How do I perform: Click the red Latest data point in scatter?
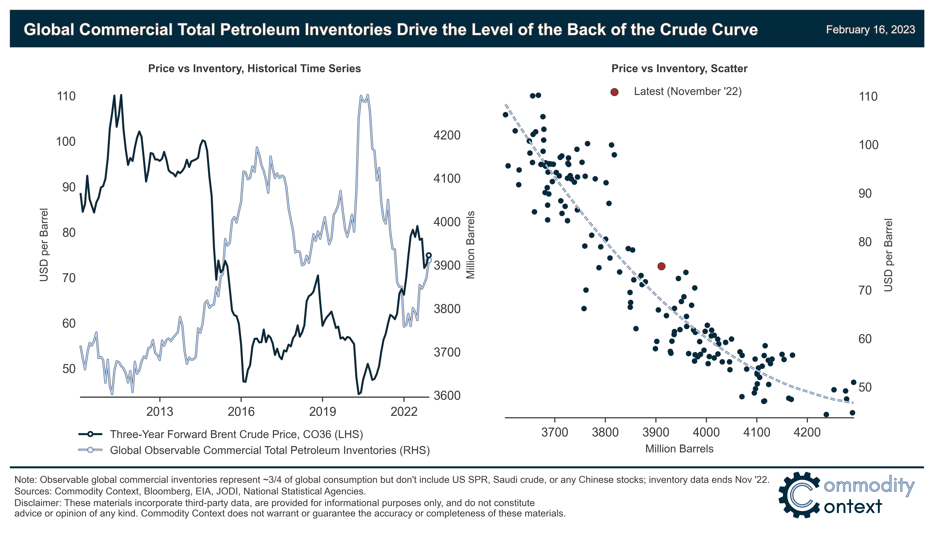tap(661, 266)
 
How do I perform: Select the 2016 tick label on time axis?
tap(241, 412)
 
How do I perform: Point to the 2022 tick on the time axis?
tap(404, 412)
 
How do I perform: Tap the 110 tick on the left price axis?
tap(66, 96)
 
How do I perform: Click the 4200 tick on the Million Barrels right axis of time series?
tap(447, 135)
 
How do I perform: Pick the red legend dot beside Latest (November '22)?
tap(614, 92)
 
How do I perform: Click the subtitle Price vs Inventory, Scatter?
tap(679, 68)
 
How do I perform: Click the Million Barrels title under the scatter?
tap(679, 449)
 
